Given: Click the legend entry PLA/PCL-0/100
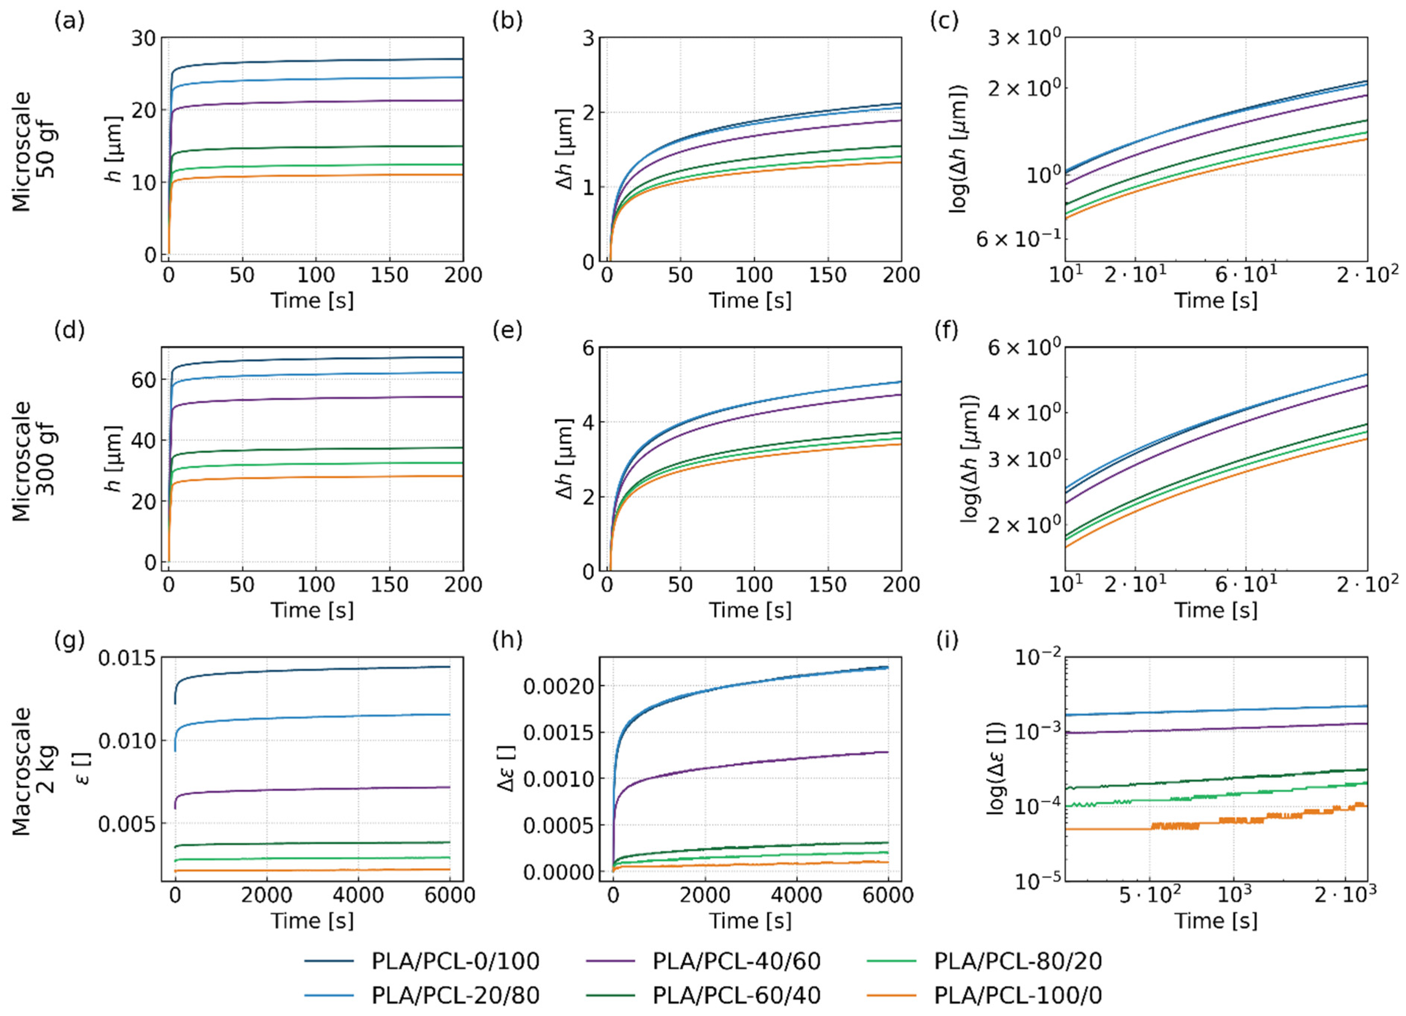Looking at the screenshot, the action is point(421,961).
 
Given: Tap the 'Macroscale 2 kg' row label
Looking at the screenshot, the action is point(34,771).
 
